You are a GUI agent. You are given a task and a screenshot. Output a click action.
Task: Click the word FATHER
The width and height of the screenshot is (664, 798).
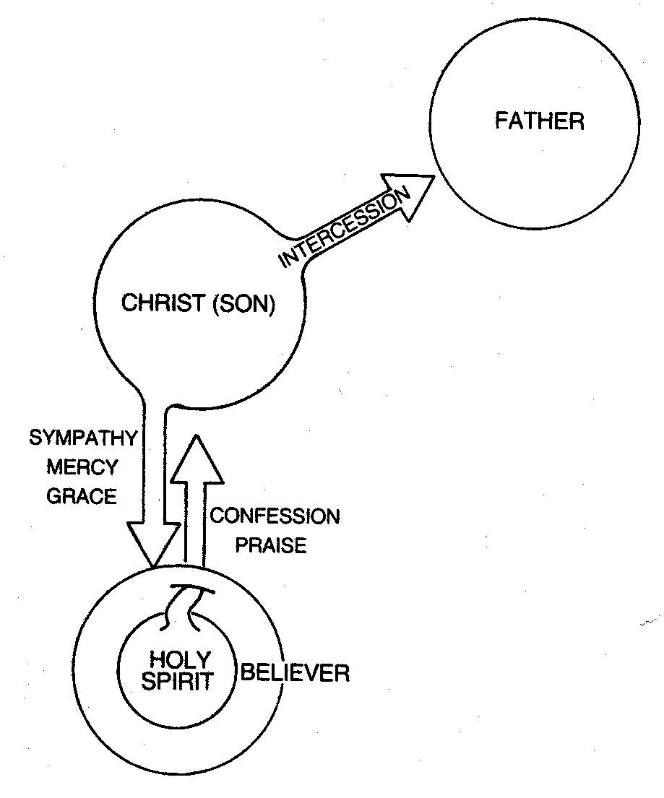[x=539, y=121]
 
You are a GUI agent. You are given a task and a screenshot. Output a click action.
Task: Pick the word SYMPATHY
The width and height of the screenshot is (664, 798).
[x=83, y=438]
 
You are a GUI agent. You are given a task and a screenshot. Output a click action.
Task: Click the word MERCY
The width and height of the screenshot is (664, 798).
[x=82, y=467]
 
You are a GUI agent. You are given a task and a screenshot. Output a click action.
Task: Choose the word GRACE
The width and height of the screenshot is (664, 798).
[x=82, y=496]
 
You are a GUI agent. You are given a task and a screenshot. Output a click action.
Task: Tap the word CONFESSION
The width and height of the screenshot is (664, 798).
[x=274, y=517]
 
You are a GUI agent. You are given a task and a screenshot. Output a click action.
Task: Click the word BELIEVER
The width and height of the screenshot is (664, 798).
[x=295, y=674]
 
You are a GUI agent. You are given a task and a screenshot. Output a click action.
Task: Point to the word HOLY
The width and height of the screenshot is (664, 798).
[x=180, y=659]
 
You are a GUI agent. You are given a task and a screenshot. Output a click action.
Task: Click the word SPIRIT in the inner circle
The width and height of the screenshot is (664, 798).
[x=180, y=681]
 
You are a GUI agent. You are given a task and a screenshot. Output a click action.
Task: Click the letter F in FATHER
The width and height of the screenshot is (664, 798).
[x=501, y=121]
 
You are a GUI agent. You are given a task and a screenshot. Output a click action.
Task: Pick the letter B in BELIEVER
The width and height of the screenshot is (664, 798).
[x=247, y=674]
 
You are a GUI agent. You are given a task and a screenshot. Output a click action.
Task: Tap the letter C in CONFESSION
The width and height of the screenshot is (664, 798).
[x=215, y=517]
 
